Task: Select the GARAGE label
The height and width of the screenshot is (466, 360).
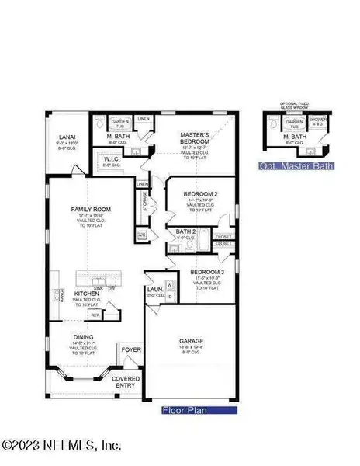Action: click(x=190, y=339)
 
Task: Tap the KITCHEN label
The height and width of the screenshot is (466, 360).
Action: click(x=86, y=294)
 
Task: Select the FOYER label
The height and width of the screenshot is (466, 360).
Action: click(x=132, y=349)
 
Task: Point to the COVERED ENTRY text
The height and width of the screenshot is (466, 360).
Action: click(x=125, y=381)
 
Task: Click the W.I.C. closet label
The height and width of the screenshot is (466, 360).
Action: click(x=112, y=160)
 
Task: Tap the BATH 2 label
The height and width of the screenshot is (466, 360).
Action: click(x=185, y=231)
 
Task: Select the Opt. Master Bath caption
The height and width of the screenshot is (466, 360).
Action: click(x=296, y=165)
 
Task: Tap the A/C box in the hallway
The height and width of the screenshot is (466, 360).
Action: click(x=142, y=235)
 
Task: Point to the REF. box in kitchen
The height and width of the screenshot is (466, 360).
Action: click(x=96, y=315)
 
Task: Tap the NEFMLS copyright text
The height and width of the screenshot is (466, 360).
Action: click(x=62, y=446)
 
